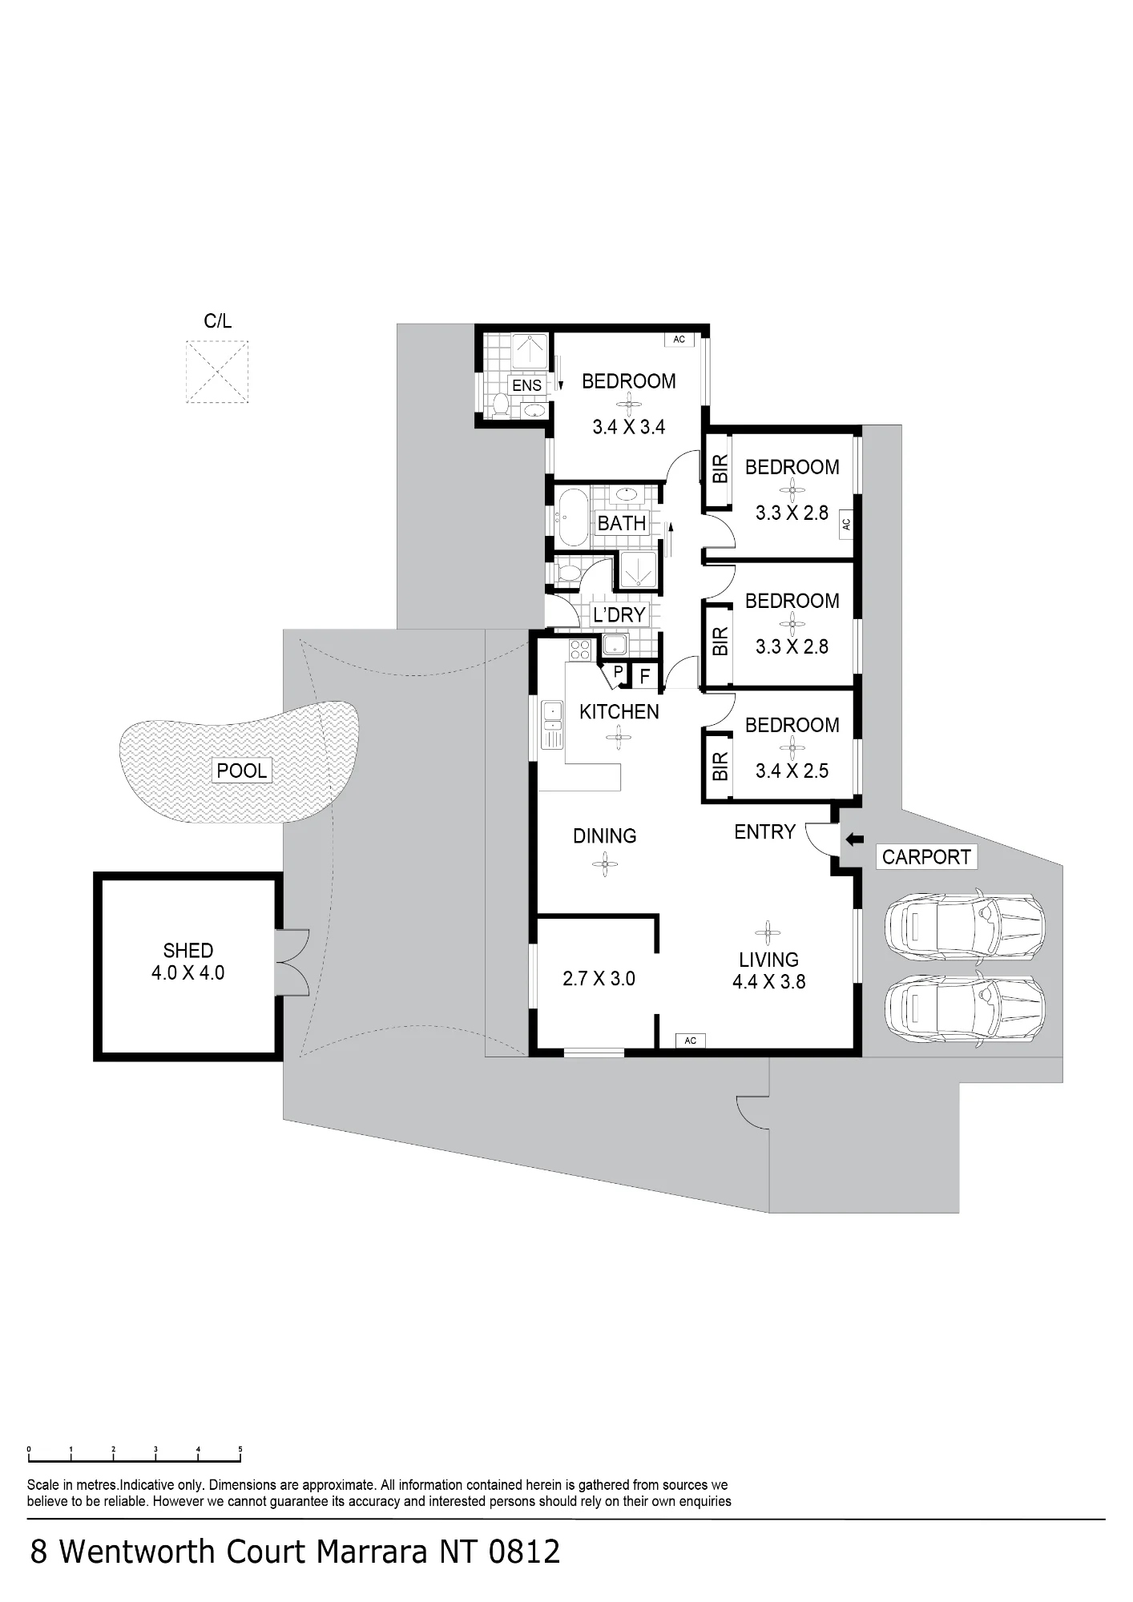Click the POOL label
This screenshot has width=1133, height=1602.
click(242, 771)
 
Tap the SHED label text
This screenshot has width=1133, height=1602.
click(188, 951)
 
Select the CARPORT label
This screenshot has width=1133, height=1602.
click(926, 857)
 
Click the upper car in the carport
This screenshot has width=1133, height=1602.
click(965, 925)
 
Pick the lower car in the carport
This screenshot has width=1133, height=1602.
click(965, 1008)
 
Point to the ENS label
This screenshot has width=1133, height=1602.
click(527, 385)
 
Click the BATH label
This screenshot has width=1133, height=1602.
click(622, 523)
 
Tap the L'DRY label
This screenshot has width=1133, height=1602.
click(619, 614)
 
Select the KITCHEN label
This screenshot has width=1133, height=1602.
click(619, 711)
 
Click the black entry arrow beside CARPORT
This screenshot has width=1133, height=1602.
click(854, 839)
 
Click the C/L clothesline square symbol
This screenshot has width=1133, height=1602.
click(217, 372)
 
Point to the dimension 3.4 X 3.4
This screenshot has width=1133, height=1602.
click(629, 427)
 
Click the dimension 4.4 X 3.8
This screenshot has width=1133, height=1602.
click(768, 981)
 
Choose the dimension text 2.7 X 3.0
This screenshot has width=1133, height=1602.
click(599, 978)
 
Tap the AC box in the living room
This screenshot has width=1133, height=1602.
click(691, 1040)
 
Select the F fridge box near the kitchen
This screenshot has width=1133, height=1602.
click(644, 677)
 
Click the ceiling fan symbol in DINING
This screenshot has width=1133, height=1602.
click(605, 863)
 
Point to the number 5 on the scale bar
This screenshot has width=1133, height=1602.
click(240, 1449)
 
